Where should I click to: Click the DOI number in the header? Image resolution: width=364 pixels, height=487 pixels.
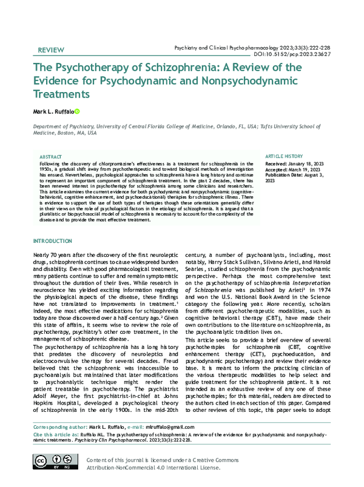(x=302, y=53)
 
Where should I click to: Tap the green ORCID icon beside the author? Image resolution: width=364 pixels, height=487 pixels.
(x=77, y=112)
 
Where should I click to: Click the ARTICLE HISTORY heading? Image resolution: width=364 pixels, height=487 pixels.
(x=285, y=156)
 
